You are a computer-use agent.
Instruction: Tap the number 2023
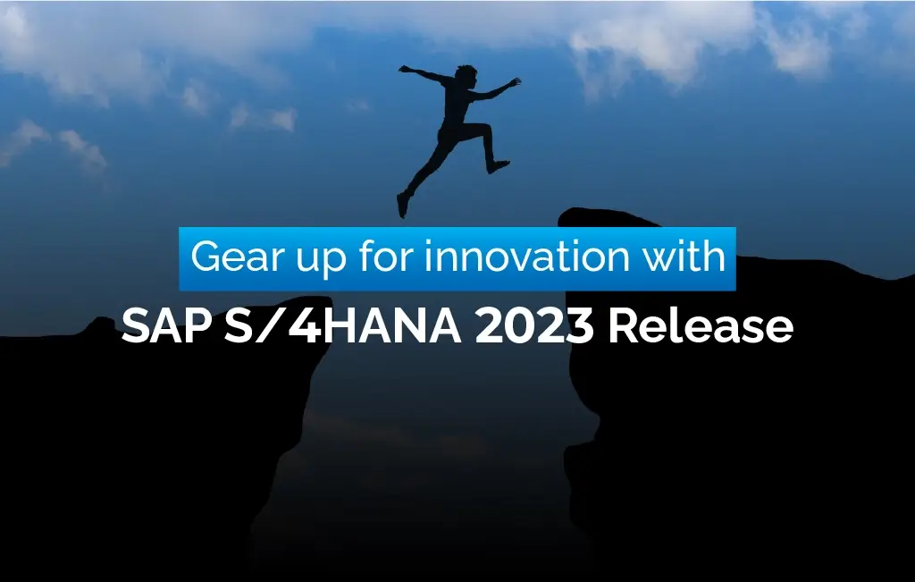click(x=534, y=326)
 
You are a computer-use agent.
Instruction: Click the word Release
click(x=700, y=326)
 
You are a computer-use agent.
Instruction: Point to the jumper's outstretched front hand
click(x=514, y=83)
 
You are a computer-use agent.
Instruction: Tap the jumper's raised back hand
click(x=404, y=68)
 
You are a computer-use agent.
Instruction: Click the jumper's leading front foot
click(x=499, y=166)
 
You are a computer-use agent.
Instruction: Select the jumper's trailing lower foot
click(x=403, y=207)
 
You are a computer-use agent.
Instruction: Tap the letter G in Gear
click(x=206, y=258)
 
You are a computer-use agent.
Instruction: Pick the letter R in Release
click(x=622, y=326)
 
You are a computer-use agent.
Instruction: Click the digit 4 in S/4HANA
click(x=307, y=327)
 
